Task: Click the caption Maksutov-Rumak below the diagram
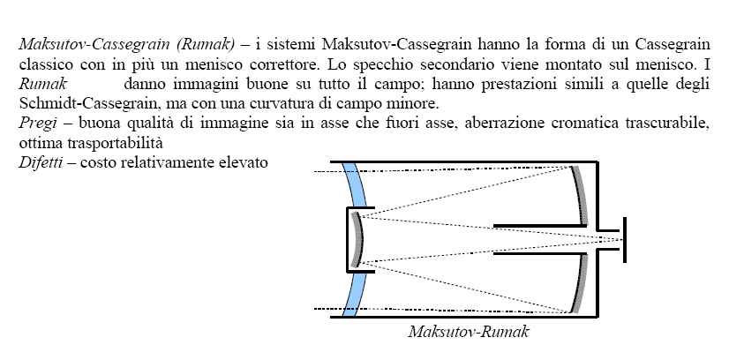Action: tap(469, 332)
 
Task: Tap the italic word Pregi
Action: tap(38, 124)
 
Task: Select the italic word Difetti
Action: tap(41, 162)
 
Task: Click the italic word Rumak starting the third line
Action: tap(42, 84)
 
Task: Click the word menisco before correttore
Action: tap(194, 64)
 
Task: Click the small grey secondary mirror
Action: tap(357, 240)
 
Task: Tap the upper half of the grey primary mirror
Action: tap(580, 196)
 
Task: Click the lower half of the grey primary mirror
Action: tap(580, 283)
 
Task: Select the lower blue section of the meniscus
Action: tap(354, 294)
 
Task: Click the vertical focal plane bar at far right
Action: tap(624, 240)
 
